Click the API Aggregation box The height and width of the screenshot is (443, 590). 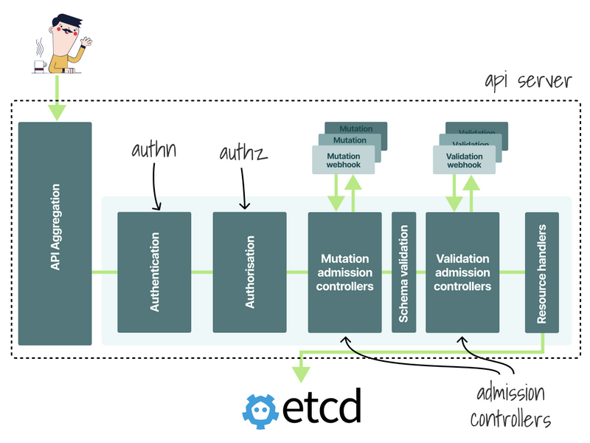tap(55, 233)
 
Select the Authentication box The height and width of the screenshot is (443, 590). tap(154, 272)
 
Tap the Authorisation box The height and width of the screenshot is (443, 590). tap(249, 272)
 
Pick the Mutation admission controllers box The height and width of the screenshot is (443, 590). tap(344, 272)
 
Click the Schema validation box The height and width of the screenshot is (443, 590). tap(403, 272)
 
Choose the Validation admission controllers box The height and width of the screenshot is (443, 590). tap(462, 272)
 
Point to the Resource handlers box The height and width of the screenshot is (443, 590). tap(541, 272)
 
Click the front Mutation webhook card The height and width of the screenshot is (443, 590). tap(343, 160)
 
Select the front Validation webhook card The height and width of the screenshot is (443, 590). tap(464, 160)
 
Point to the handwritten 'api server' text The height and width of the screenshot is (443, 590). tap(527, 80)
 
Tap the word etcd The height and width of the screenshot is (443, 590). tap(322, 408)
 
